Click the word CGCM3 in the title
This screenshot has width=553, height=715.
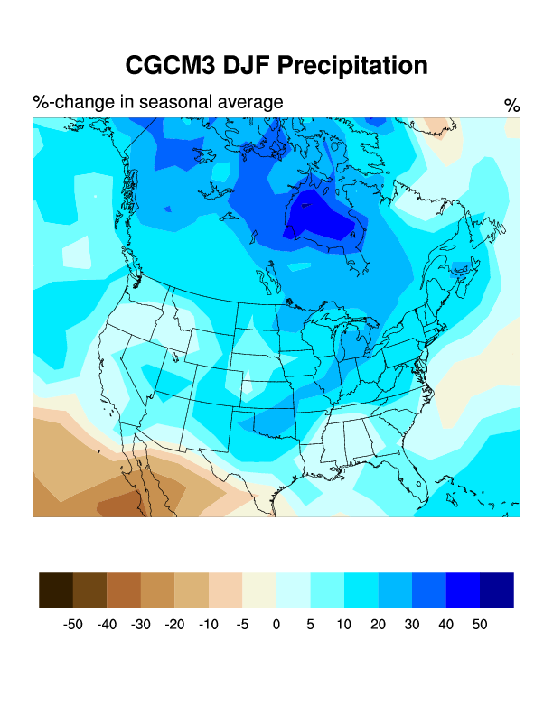168,65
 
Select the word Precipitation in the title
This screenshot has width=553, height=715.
351,65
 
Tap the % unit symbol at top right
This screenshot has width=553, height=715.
511,106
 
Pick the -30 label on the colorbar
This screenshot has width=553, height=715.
140,624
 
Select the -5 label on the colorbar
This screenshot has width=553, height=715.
241,624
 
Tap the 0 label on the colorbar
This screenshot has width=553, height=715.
276,624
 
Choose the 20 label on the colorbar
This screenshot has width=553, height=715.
378,624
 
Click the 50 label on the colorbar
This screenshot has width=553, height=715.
479,624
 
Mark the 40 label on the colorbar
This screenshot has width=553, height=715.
445,624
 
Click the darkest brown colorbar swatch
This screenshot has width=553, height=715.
56,590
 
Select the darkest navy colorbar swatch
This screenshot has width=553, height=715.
496,590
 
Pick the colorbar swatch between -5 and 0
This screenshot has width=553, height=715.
259,590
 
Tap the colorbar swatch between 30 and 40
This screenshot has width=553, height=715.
428,590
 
